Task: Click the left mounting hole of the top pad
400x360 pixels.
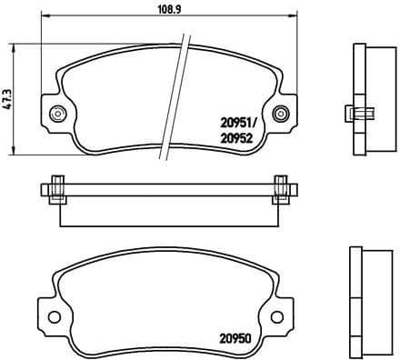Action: point(55,114)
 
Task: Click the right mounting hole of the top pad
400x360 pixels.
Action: point(290,114)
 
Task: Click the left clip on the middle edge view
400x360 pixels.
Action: point(56,190)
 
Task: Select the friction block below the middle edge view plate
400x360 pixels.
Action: point(168,212)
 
